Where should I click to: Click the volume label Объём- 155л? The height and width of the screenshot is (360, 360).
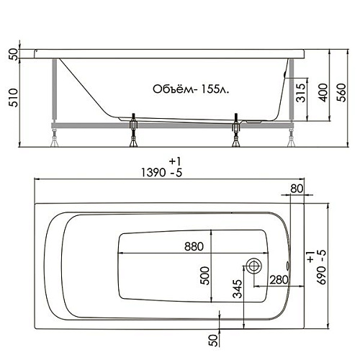pyautogui.click(x=191, y=89)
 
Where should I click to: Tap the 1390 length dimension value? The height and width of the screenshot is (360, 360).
pyautogui.click(x=153, y=172)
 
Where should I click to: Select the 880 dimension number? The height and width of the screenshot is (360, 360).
pyautogui.click(x=194, y=246)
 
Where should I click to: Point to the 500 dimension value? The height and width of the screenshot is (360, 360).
pyautogui.click(x=205, y=276)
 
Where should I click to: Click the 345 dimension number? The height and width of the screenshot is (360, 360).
pyautogui.click(x=238, y=289)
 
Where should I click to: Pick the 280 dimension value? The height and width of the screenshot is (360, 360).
pyautogui.click(x=279, y=280)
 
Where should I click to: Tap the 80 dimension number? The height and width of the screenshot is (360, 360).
pyautogui.click(x=297, y=189)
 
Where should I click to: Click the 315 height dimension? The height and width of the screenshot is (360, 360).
pyautogui.click(x=300, y=93)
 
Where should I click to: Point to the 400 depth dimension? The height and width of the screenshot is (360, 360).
pyautogui.click(x=324, y=93)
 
